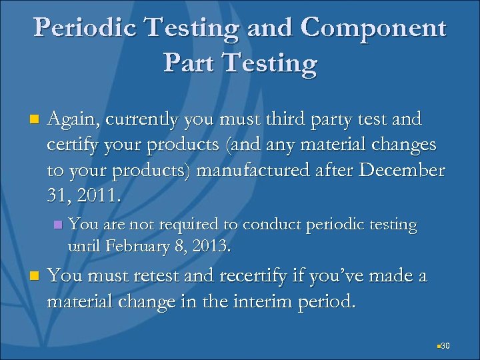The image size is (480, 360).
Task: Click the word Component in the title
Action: [x=373, y=28]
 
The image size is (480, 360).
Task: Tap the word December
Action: [x=401, y=169]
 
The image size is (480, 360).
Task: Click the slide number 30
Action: [x=446, y=345]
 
